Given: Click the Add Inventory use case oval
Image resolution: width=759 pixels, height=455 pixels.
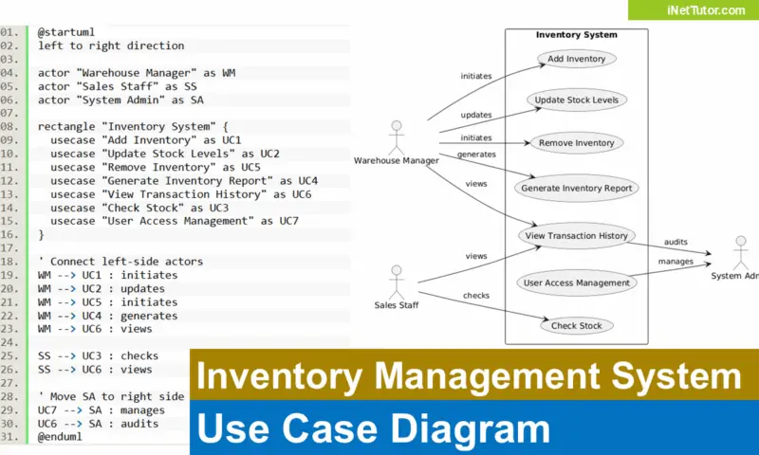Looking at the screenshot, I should tap(577, 59).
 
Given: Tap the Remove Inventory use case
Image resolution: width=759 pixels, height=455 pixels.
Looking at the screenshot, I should tap(577, 143).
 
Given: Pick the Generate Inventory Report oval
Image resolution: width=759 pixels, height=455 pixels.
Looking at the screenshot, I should tap(577, 188).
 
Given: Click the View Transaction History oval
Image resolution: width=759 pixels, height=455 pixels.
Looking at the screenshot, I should tap(577, 236).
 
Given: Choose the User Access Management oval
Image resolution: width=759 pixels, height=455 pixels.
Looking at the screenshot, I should tap(577, 282).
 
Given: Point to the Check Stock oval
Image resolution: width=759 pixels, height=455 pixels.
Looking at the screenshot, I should tap(577, 325).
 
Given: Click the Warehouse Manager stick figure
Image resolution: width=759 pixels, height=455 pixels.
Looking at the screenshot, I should tap(396, 136).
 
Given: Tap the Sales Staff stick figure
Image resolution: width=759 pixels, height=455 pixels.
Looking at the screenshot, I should tap(396, 281).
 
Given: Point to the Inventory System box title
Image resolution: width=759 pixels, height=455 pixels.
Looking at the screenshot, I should tap(576, 35).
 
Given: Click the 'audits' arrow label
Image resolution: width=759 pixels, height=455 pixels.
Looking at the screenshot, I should tap(676, 242).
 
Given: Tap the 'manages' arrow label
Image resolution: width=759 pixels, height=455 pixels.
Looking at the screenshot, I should tap(676, 262).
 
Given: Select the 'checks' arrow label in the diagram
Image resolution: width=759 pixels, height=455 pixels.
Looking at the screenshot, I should tap(476, 296).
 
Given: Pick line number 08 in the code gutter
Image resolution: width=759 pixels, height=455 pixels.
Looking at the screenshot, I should tap(9, 126).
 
